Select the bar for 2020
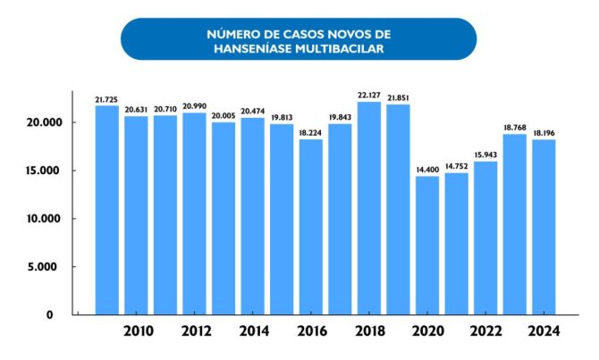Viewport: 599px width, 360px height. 427,246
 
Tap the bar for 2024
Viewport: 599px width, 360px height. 544,227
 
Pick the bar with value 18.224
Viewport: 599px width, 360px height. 310,227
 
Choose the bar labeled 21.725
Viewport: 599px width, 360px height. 107,210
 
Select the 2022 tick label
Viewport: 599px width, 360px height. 485,331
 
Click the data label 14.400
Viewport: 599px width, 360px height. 427,169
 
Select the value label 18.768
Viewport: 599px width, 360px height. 514,127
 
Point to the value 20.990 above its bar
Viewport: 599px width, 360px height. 194,105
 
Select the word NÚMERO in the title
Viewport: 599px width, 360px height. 232,34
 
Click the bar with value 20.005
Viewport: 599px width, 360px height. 224,218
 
